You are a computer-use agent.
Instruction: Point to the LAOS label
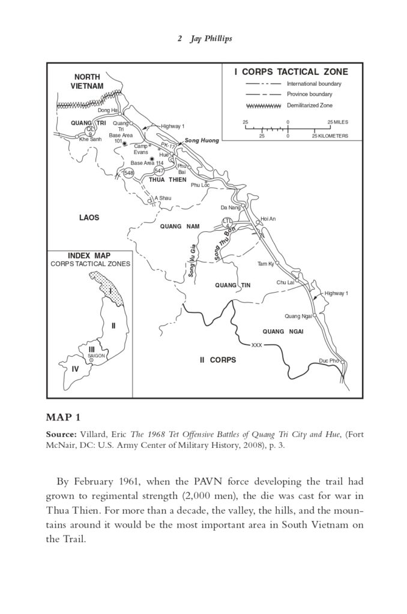(89, 217)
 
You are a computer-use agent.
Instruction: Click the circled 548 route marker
(128, 173)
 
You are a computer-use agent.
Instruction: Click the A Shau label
(163, 198)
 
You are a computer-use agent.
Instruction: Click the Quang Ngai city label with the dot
(298, 316)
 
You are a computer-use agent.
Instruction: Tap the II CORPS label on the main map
(218, 360)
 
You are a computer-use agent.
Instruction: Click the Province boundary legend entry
(309, 94)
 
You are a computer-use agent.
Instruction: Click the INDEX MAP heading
(89, 255)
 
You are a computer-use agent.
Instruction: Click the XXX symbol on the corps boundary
(257, 345)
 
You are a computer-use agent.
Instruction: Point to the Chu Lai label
(285, 282)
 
